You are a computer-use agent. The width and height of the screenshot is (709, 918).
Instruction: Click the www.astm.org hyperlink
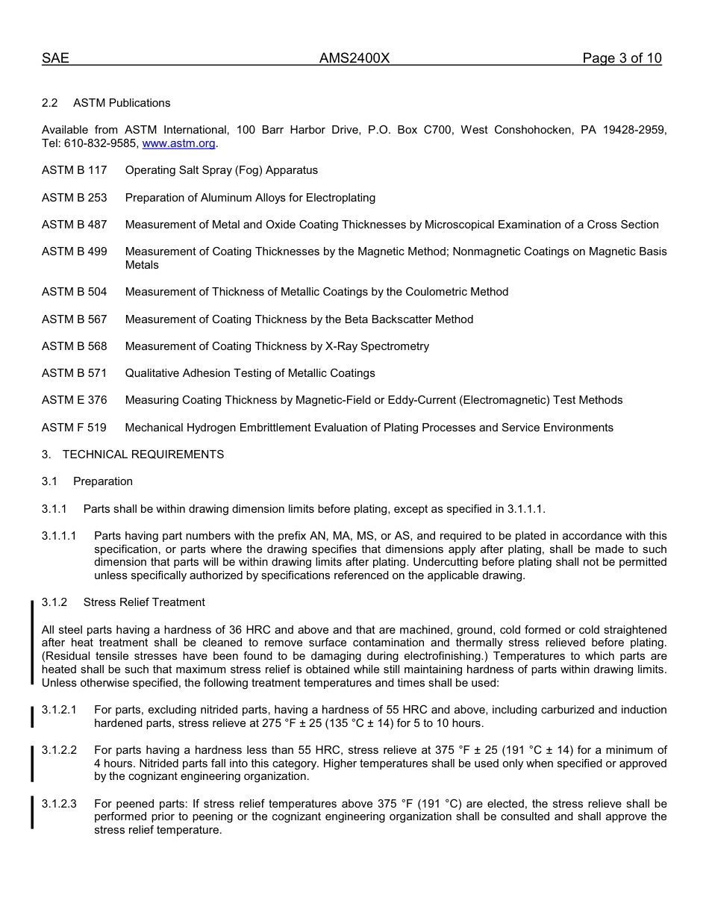(x=178, y=143)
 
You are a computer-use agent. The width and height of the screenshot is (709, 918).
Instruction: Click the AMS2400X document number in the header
(x=354, y=59)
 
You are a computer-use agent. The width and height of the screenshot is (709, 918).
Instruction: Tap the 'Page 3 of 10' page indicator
(x=622, y=59)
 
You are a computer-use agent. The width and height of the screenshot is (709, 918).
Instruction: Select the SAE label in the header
(x=55, y=59)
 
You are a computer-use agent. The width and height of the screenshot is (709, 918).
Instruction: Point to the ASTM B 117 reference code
(x=75, y=170)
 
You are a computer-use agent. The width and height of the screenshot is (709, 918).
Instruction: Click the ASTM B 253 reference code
(x=75, y=198)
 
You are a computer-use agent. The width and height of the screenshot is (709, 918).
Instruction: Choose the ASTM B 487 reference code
(x=75, y=225)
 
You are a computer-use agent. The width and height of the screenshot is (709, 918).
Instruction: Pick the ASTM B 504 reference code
(x=75, y=292)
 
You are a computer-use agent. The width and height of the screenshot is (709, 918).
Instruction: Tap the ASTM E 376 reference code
(x=75, y=400)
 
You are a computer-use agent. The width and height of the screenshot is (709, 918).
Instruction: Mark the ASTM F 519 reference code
(x=74, y=428)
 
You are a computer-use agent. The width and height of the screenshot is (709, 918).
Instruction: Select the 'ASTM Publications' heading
(x=122, y=103)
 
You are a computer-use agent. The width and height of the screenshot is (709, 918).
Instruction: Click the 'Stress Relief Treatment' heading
(x=144, y=602)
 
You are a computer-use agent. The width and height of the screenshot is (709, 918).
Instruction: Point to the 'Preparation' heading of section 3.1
(x=103, y=481)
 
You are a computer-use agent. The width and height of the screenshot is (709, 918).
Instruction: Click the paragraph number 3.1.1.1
(x=59, y=536)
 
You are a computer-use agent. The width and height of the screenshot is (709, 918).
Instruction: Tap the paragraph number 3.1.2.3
(x=59, y=804)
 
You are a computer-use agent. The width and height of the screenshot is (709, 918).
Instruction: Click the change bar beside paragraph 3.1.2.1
(x=32, y=716)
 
